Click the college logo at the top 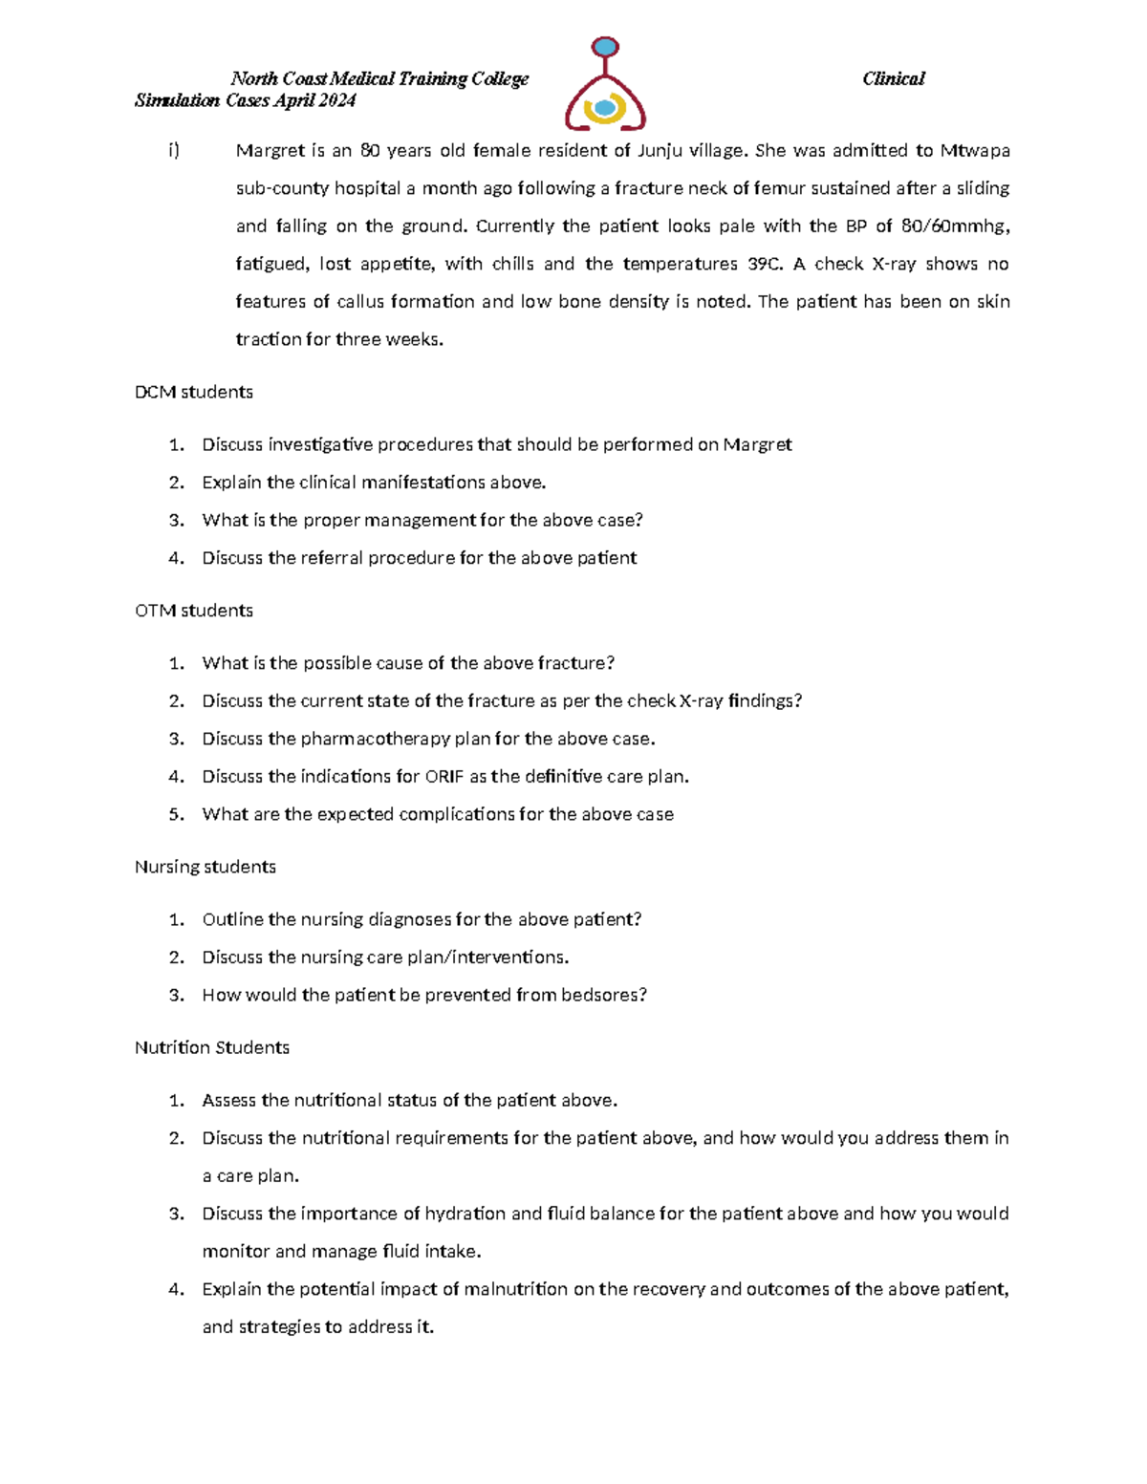(605, 84)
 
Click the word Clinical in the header (893, 79)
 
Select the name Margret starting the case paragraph (271, 151)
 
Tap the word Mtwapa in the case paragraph (975, 151)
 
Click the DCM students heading (194, 393)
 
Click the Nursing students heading (206, 868)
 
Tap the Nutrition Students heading (212, 1048)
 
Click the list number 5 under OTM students (175, 815)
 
